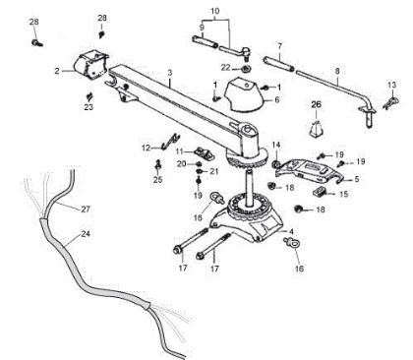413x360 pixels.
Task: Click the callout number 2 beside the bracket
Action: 57,70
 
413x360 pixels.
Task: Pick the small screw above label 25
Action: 158,166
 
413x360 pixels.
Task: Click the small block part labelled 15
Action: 319,194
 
